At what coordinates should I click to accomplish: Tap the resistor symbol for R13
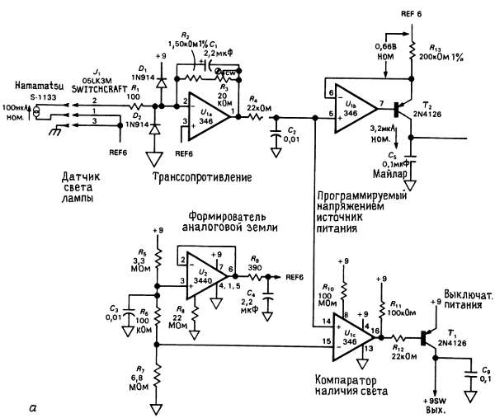(410, 53)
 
